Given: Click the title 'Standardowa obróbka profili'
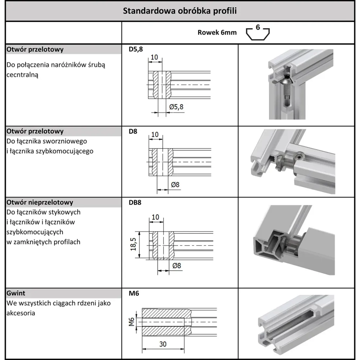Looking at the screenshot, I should click(x=180, y=11).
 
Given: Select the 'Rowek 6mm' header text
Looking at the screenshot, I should click(x=217, y=33).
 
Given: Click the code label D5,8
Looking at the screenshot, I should click(x=136, y=50).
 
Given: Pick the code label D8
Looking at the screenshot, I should click(x=133, y=132).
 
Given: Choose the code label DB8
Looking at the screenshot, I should click(x=135, y=202).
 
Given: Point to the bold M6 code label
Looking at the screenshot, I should click(x=134, y=293).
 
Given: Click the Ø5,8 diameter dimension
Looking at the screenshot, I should click(x=176, y=107).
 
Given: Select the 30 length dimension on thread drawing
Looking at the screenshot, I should click(x=163, y=344).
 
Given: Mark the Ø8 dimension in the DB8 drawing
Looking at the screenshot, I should click(x=176, y=265).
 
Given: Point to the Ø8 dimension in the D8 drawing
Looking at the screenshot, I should click(x=175, y=185).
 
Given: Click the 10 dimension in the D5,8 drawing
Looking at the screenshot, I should click(x=154, y=57).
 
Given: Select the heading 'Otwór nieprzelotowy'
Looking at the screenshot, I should click(x=40, y=202).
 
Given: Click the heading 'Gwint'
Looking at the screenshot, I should click(x=16, y=293).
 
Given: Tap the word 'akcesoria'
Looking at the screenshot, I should click(x=21, y=313).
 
